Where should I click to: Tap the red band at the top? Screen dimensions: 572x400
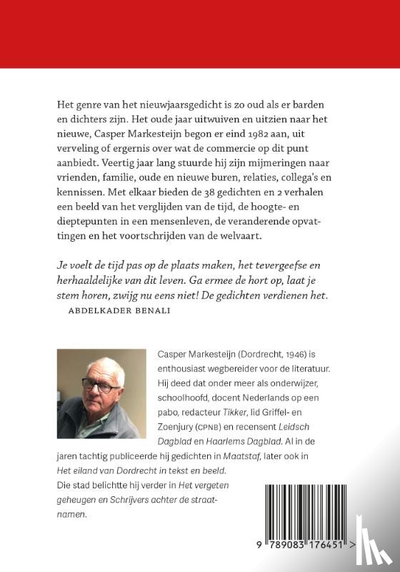click(x=200, y=34)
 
